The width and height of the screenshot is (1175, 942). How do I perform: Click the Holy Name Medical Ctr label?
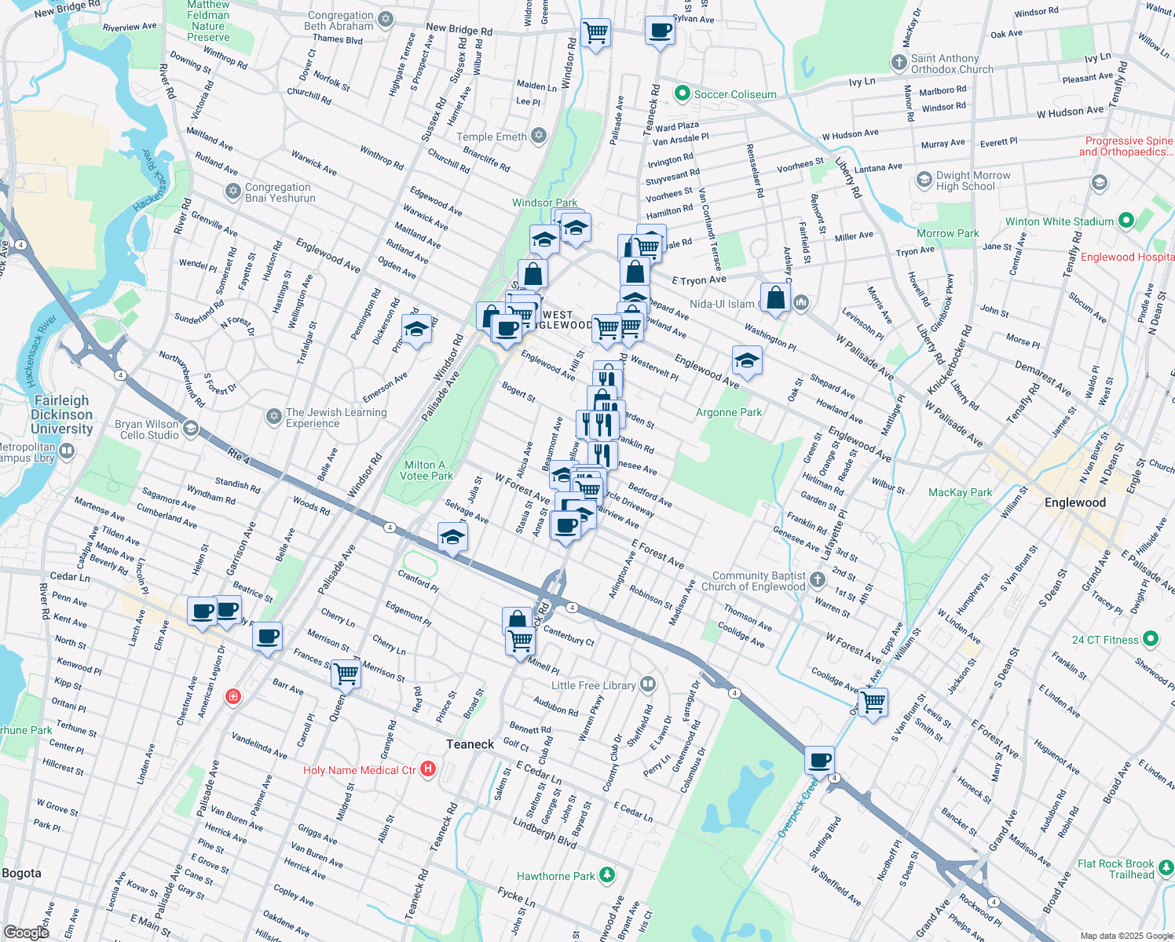pyautogui.click(x=360, y=770)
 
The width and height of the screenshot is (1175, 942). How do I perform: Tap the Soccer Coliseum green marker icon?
pyautogui.click(x=682, y=94)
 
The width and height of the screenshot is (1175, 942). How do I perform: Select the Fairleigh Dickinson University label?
pyautogui.click(x=62, y=414)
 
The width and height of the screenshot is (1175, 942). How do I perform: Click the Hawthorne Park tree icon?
pyautogui.click(x=606, y=875)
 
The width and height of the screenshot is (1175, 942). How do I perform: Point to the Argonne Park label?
pyautogui.click(x=729, y=412)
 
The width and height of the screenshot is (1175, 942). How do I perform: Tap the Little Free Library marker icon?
pyautogui.click(x=647, y=685)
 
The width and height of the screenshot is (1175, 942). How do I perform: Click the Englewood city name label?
pyautogui.click(x=1074, y=502)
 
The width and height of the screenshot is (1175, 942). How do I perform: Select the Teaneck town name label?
pyautogui.click(x=470, y=744)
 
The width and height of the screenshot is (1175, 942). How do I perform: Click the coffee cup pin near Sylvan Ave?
pyautogui.click(x=660, y=31)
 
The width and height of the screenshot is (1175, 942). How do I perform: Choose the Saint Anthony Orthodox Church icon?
pyautogui.click(x=899, y=63)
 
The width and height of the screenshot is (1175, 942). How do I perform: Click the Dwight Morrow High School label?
pyautogui.click(x=972, y=181)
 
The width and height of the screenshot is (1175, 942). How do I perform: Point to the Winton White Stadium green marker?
pyautogui.click(x=1126, y=221)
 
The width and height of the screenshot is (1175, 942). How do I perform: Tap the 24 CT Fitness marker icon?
pyautogui.click(x=1151, y=639)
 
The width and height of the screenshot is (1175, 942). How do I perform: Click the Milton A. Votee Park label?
pyautogui.click(x=426, y=470)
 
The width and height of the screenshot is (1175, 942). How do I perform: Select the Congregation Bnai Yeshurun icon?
pyautogui.click(x=232, y=192)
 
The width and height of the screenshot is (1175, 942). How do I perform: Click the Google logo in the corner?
pyautogui.click(x=27, y=932)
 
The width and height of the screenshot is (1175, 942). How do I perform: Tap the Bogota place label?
pyautogui.click(x=21, y=873)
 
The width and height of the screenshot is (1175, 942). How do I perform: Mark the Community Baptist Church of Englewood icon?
pyautogui.click(x=818, y=580)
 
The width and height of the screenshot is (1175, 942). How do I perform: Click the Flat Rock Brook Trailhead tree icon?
pyautogui.click(x=1166, y=868)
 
